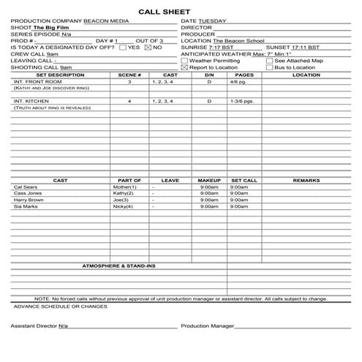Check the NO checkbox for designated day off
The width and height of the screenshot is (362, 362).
tap(148, 48)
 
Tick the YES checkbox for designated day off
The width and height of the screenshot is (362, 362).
tap(123, 48)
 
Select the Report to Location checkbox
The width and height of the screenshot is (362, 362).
tap(184, 67)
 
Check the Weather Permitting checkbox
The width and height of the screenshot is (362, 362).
tap(184, 61)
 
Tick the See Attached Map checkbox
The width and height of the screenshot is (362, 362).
tap(269, 61)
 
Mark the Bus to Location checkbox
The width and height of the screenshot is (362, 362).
tap(269, 67)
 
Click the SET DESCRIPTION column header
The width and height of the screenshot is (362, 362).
tap(60, 75)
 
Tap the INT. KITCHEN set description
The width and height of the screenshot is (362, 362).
tap(30, 101)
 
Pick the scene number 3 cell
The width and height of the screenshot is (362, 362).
tap(129, 83)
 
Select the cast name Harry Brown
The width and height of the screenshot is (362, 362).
tap(29, 200)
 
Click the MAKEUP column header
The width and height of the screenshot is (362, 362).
tap(209, 180)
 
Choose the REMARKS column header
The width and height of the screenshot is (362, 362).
tap(306, 180)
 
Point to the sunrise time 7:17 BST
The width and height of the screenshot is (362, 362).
tap(212, 48)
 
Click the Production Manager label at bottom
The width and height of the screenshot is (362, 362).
tap(207, 325)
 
